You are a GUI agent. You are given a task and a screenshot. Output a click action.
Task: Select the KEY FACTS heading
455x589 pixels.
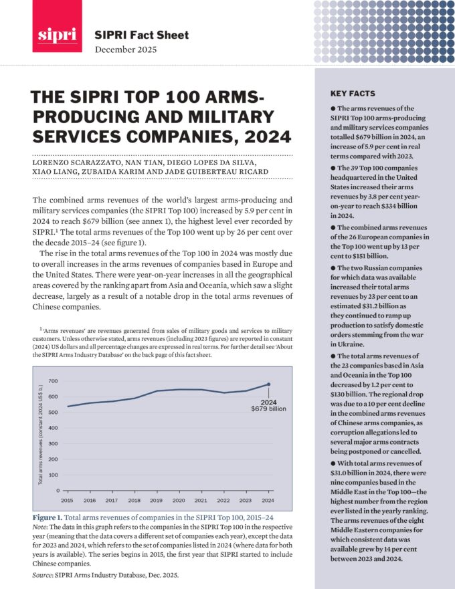pyautogui.click(x=352, y=94)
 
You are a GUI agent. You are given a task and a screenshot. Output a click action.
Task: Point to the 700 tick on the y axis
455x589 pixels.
pyautogui.click(x=54, y=381)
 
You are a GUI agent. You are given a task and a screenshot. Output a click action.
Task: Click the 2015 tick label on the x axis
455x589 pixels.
pyautogui.click(x=68, y=500)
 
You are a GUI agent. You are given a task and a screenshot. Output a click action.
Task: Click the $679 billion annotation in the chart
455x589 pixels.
pyautogui.click(x=269, y=406)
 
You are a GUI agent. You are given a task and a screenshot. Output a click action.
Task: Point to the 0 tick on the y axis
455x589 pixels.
pyautogui.click(x=58, y=491)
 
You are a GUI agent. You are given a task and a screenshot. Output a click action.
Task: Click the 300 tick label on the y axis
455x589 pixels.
pyautogui.click(x=54, y=444)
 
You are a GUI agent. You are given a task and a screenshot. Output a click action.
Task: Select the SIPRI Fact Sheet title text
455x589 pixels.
pyautogui.click(x=142, y=35)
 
